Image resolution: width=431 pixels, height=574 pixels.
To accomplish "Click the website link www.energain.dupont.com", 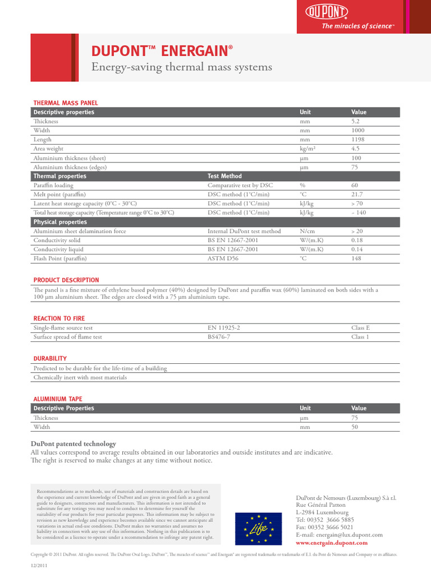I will click(332, 543).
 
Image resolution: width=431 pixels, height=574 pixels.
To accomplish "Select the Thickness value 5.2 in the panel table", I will click(355, 121).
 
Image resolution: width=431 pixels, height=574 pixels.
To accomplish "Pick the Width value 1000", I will click(358, 130).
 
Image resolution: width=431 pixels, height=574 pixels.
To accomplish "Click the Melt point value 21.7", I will click(357, 194).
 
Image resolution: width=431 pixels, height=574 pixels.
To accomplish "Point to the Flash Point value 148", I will click(356, 258).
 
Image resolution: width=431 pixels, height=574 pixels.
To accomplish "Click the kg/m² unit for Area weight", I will click(307, 149).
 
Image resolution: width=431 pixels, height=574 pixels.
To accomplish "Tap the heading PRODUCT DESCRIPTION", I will click(66, 280).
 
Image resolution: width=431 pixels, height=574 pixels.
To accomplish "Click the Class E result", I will click(360, 328).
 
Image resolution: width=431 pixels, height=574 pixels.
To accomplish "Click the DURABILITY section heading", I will click(50, 358).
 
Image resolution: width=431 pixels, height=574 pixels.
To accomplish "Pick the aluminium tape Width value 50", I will click(355, 427).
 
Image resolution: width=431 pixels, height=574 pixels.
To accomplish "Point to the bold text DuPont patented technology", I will click(73, 443).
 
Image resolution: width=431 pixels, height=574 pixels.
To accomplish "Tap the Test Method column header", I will click(224, 176).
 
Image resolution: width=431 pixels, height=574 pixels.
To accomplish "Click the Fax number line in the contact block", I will click(324, 527).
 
